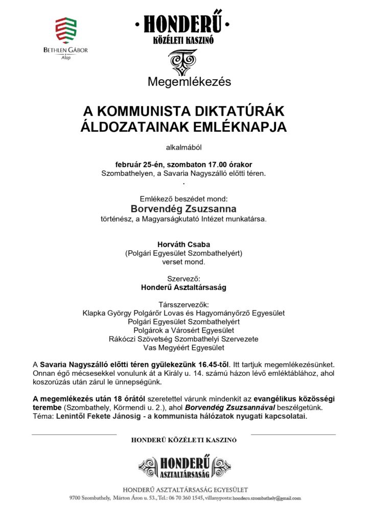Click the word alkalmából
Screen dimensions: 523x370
pos(184,148)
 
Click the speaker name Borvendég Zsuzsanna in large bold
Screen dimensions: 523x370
pos(183,209)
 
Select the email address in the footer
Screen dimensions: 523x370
pos(266,498)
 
